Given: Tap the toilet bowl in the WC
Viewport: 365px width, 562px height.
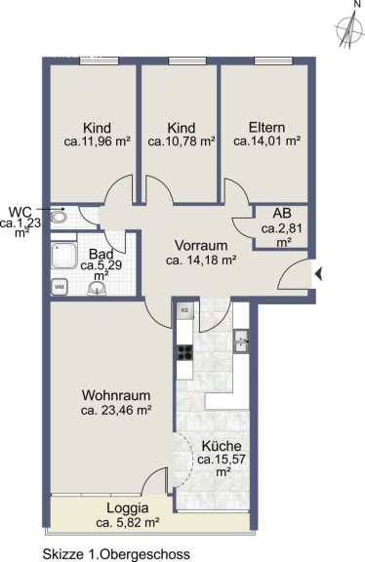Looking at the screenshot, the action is click(x=59, y=218).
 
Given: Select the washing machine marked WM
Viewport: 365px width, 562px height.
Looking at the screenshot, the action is click(x=60, y=287).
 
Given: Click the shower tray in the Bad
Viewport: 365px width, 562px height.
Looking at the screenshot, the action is click(x=64, y=256).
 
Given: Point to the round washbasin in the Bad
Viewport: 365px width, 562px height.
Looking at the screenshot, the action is click(x=97, y=288).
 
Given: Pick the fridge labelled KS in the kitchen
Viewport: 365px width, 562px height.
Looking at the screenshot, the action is click(x=185, y=310).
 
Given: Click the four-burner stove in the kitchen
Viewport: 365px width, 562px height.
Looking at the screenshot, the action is click(x=185, y=352).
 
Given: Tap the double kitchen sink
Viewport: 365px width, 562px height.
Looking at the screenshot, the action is click(x=241, y=341).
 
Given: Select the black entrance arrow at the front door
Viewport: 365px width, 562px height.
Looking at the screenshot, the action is click(x=319, y=275).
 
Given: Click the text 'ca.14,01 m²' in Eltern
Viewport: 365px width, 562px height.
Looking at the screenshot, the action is click(x=266, y=140).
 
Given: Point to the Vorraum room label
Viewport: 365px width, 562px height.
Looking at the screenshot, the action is click(x=201, y=246).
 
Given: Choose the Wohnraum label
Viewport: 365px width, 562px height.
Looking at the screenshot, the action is click(x=116, y=396).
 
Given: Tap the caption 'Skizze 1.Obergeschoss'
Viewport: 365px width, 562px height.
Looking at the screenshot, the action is click(x=116, y=554).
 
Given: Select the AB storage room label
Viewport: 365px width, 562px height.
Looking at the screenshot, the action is click(x=282, y=214).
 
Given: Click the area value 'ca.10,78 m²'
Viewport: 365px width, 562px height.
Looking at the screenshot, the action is click(x=182, y=141).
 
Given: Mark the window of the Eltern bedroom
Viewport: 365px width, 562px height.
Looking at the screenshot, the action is click(x=273, y=60).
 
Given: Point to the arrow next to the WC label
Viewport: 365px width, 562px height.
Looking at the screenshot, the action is click(x=51, y=209).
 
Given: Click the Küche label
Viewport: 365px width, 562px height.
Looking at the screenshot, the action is click(x=222, y=447).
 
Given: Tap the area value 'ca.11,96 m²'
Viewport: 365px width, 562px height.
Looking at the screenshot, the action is click(x=97, y=141).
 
